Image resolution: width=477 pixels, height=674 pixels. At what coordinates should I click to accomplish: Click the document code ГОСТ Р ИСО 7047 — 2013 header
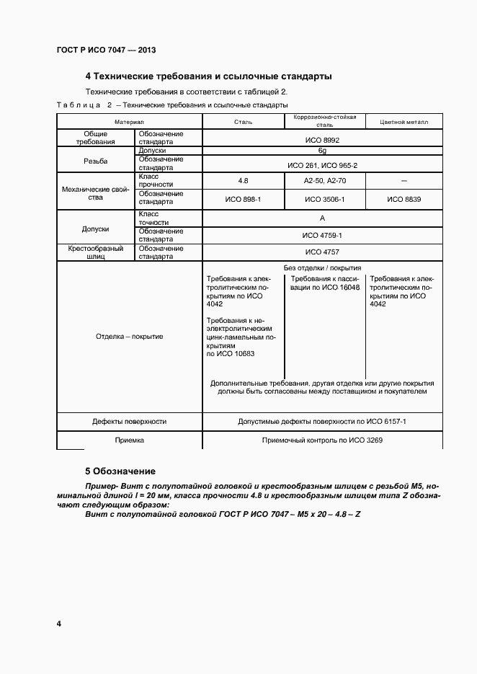[x=106, y=50]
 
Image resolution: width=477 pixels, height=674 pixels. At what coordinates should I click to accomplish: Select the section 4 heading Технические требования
[x=208, y=76]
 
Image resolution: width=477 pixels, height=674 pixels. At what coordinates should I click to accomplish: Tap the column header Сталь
[x=242, y=122]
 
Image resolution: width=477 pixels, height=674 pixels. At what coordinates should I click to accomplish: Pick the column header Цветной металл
[x=404, y=122]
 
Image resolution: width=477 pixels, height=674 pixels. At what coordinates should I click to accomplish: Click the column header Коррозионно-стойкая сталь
[x=325, y=120]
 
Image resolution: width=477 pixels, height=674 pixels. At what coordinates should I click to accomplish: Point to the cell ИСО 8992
[x=322, y=138]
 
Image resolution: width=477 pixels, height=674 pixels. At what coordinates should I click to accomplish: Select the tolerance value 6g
[x=322, y=151]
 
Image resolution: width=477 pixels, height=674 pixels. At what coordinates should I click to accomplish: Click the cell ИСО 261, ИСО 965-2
[x=322, y=165]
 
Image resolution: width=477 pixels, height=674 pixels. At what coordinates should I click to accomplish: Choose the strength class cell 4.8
[x=242, y=180]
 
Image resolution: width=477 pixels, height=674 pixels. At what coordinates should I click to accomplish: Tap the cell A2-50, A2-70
[x=325, y=180]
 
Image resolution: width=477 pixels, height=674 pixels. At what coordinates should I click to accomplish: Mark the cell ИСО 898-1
[x=242, y=198]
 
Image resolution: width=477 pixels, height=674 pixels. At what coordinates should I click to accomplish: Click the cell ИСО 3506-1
[x=325, y=198]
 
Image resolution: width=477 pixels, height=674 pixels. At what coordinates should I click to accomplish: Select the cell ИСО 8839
[x=404, y=198]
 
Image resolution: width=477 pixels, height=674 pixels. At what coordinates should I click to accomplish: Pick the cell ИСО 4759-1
[x=322, y=235]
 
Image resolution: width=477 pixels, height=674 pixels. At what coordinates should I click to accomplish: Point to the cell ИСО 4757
[x=322, y=252]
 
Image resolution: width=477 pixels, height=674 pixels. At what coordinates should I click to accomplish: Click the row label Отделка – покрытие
[x=129, y=337]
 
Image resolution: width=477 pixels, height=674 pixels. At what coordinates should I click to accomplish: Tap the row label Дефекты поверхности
[x=129, y=422]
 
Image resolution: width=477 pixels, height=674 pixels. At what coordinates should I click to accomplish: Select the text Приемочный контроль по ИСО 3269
[x=322, y=439]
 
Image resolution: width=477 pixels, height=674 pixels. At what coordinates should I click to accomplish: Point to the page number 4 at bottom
[x=58, y=623]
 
